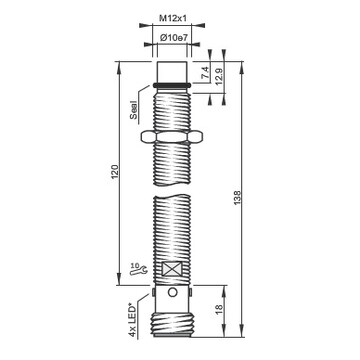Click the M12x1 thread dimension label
(x=173, y=19)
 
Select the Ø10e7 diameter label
(x=173, y=38)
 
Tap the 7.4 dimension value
(x=206, y=73)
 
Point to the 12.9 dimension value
(x=220, y=76)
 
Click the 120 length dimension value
(x=115, y=172)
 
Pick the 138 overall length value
(x=237, y=198)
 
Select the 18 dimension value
(x=219, y=309)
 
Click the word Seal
(x=133, y=110)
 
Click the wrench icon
(x=138, y=272)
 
